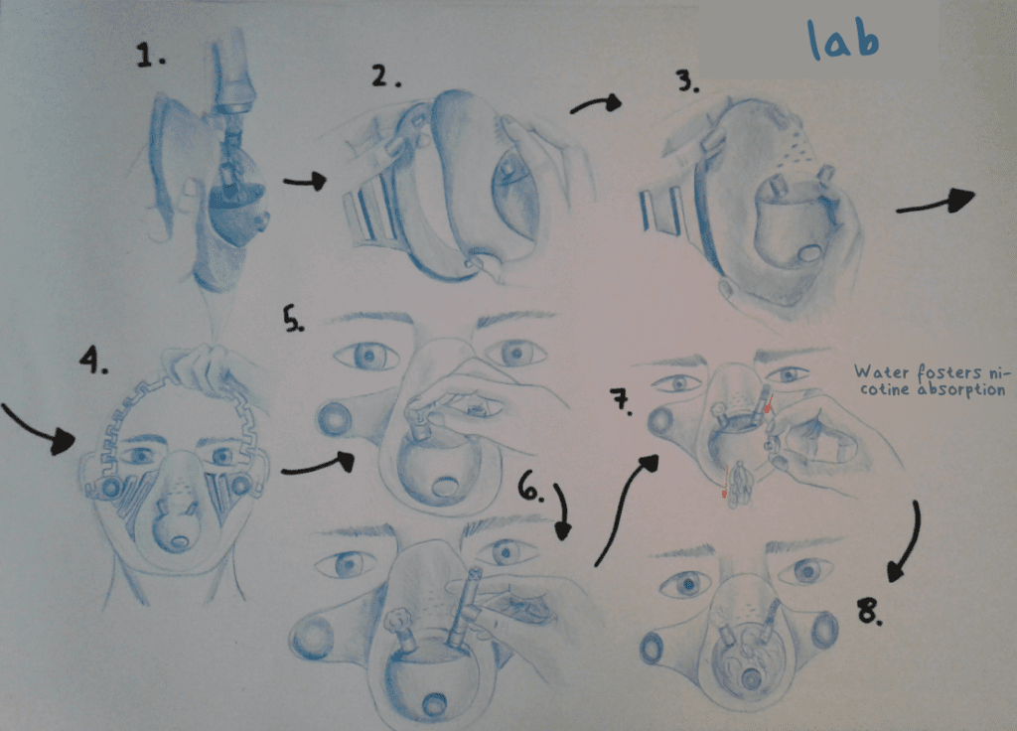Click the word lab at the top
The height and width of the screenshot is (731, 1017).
click(x=843, y=39)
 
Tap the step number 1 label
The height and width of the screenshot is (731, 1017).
click(x=151, y=56)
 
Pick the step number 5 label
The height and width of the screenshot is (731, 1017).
click(x=293, y=319)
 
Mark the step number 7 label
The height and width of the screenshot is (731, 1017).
click(x=622, y=402)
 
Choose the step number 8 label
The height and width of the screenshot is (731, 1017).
click(x=869, y=611)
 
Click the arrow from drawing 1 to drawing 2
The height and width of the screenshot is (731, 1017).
click(x=305, y=181)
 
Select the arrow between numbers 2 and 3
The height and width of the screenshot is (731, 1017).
click(x=596, y=103)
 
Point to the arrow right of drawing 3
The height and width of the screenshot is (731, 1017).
click(x=936, y=202)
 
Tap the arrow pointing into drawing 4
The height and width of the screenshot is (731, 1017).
click(x=40, y=429)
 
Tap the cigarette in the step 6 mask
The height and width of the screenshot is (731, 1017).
click(x=466, y=607)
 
